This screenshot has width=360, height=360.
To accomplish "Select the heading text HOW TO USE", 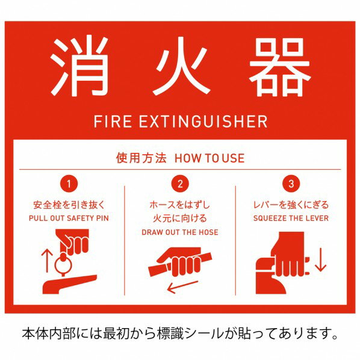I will (209, 158).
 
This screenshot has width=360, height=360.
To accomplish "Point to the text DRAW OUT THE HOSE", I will (180, 232).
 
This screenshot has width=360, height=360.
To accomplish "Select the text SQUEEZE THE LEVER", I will (291, 218).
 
